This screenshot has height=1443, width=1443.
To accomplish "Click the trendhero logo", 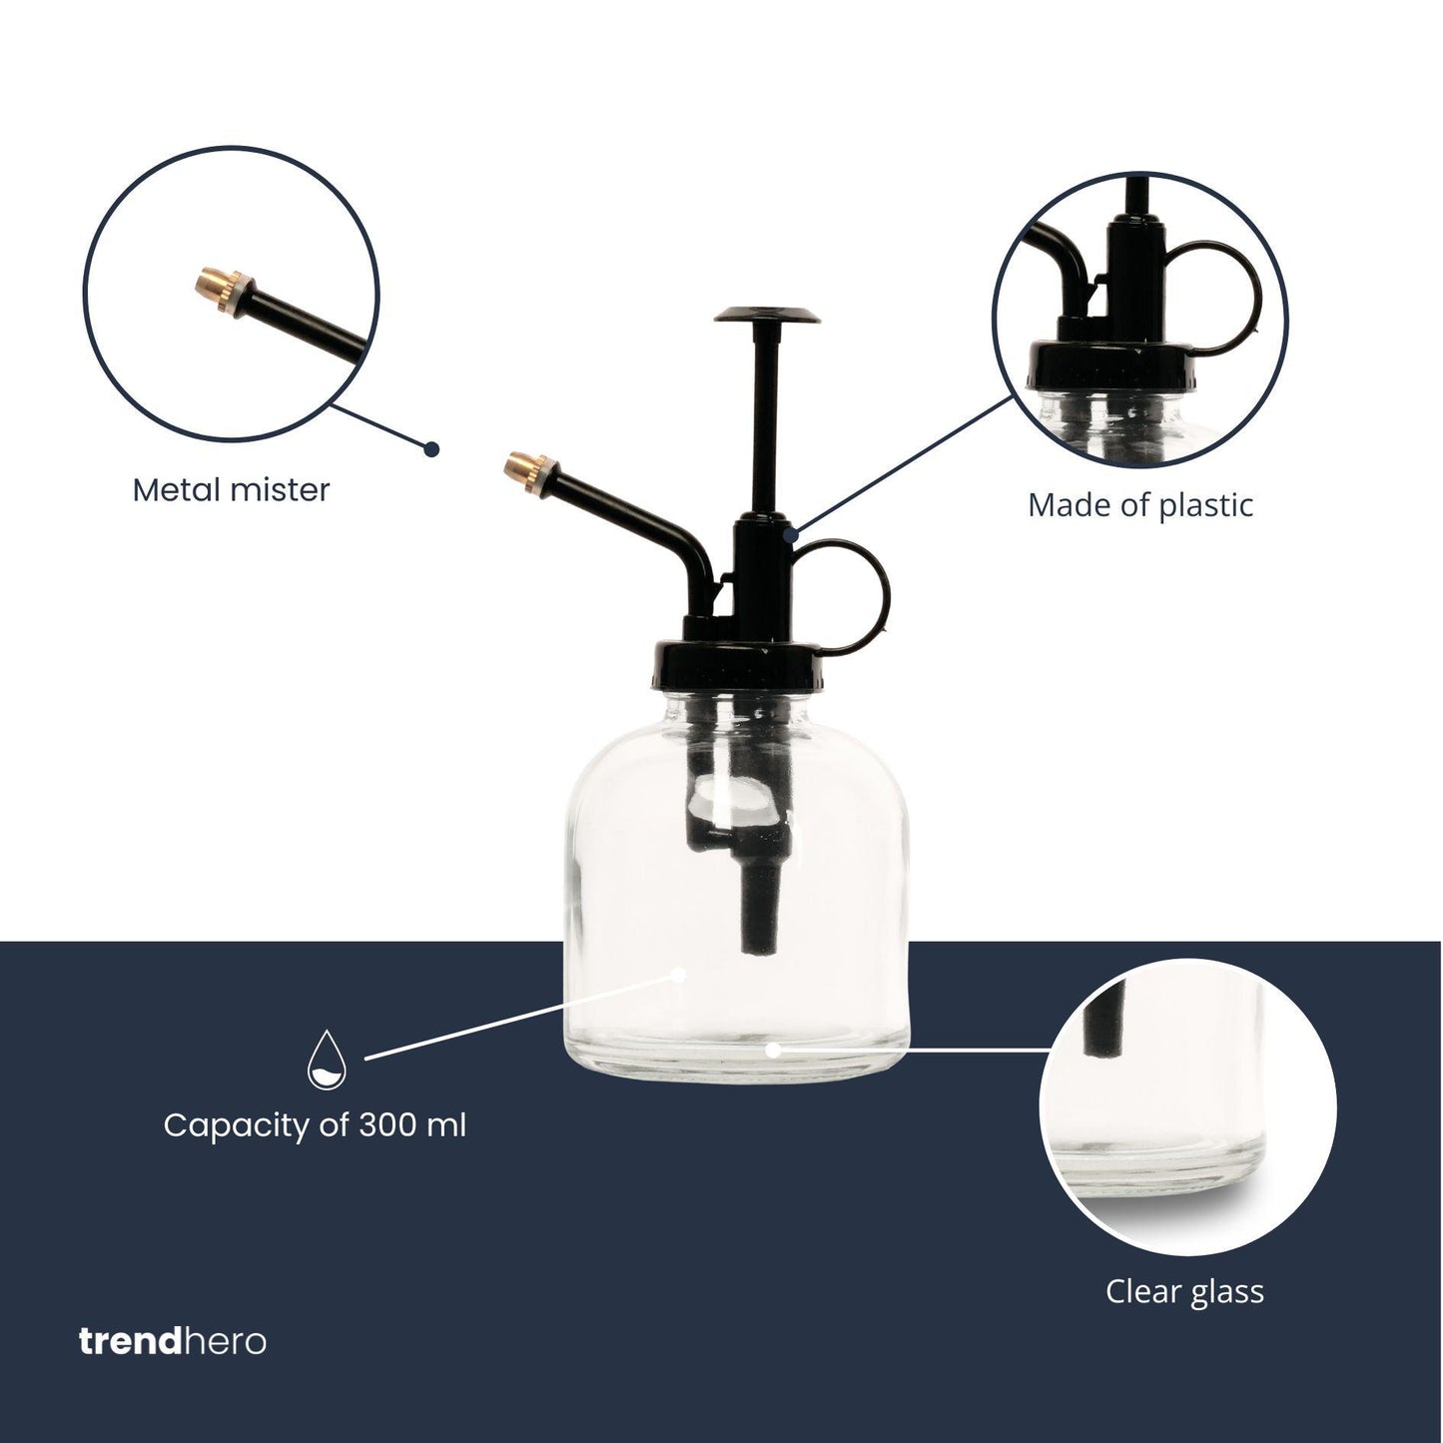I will (x=173, y=1340).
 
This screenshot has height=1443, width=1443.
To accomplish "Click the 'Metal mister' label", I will (x=231, y=490).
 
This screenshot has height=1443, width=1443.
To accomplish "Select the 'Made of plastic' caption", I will (x=1139, y=505).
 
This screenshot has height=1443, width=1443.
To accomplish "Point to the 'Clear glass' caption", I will (x=1184, y=1291).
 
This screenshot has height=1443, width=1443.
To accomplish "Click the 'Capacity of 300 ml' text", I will (x=315, y=1125).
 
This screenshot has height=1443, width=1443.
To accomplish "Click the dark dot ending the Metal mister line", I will (x=431, y=449).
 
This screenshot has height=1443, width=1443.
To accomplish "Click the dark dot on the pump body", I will (x=791, y=535).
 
